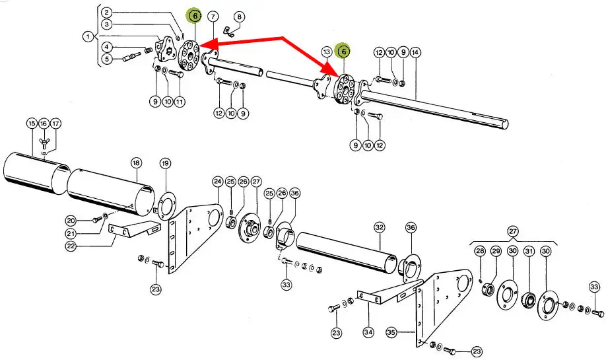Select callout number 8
[238, 16]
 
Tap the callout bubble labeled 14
[415, 52]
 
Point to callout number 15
[32, 124]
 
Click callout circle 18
[136, 162]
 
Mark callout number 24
[217, 181]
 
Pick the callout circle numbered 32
[379, 227]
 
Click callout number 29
[496, 251]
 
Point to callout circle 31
[529, 251]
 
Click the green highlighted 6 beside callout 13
[343, 52]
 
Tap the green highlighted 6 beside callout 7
[194, 16]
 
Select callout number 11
[180, 102]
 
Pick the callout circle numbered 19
[165, 162]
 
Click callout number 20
[71, 219]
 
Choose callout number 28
[480, 251]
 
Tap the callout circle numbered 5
[106, 59]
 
